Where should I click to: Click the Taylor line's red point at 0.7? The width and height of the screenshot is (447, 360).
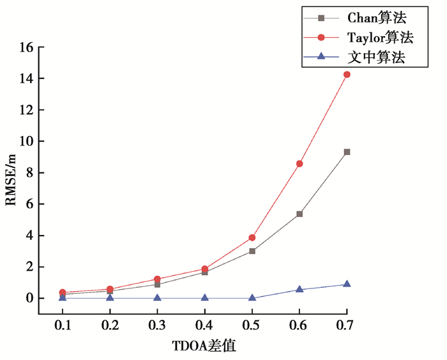pos(347,75)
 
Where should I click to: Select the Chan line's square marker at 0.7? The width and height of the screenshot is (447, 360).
pos(347,152)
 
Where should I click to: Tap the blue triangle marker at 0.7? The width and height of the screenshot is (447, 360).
pos(347,284)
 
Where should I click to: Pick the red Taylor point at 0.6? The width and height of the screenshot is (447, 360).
pos(299,164)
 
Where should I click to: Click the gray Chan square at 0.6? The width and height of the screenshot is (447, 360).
pos(299,214)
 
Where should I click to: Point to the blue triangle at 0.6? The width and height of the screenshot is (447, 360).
pos(299,289)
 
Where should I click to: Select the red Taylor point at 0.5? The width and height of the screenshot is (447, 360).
pos(252,237)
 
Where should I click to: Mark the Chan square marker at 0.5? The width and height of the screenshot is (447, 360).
pos(252,251)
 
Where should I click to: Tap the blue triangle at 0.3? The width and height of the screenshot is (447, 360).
pos(157,297)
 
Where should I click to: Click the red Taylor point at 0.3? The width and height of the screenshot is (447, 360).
pos(157,279)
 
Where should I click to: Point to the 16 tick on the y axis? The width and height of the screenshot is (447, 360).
pos(25,47)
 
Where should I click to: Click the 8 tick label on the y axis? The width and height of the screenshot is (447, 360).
pos(28,173)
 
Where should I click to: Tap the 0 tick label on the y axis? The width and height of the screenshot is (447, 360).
pos(28,298)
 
